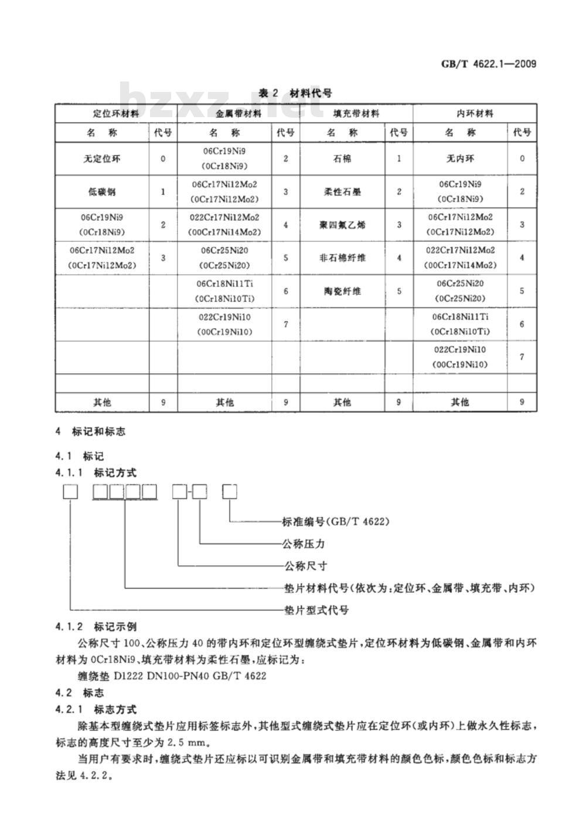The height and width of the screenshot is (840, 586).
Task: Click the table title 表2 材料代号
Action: click(x=295, y=93)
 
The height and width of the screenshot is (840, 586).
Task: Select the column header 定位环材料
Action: click(x=116, y=114)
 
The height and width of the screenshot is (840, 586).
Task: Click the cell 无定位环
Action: click(x=102, y=159)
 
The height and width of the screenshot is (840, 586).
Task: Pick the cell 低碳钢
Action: click(x=102, y=192)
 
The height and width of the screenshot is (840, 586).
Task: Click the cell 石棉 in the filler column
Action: click(x=342, y=159)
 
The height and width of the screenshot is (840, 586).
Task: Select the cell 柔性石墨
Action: click(x=342, y=192)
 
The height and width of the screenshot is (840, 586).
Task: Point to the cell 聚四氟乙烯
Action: click(x=342, y=225)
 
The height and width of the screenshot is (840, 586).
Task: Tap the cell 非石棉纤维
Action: click(x=342, y=258)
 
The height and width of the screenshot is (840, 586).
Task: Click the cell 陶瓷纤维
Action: click(x=342, y=291)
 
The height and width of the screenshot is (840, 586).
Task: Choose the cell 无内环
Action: click(x=460, y=159)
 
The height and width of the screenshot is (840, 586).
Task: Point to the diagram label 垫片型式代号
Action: click(x=316, y=610)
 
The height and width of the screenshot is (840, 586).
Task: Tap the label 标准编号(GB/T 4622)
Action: click(x=336, y=521)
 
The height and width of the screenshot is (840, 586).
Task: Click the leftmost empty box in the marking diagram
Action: click(x=70, y=492)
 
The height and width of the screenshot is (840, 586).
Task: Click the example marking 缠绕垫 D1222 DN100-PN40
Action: click(x=171, y=676)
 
